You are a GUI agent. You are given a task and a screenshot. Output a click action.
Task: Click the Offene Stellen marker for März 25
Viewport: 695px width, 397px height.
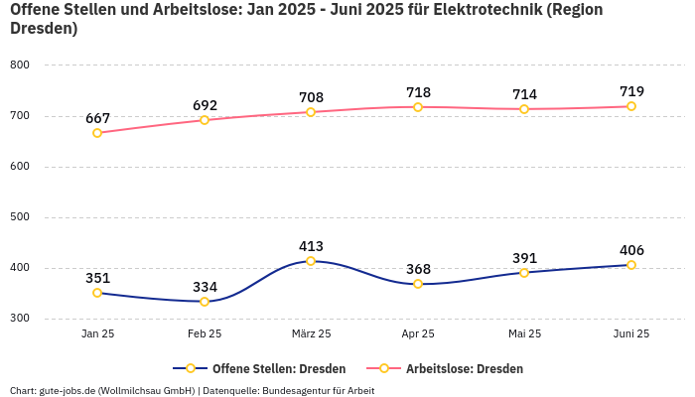click(311, 261)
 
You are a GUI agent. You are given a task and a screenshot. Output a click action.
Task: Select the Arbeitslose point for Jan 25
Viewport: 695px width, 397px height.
click(97, 133)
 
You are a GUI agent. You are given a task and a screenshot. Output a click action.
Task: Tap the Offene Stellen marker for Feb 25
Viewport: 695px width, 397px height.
click(204, 302)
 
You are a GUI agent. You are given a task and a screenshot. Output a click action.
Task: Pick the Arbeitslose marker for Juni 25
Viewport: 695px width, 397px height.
click(630, 106)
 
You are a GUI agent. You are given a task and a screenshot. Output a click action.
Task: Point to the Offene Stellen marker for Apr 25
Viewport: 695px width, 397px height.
click(418, 284)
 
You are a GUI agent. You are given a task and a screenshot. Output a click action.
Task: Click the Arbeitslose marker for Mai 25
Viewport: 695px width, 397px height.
click(524, 109)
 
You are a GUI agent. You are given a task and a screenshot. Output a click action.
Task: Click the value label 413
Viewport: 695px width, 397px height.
click(311, 246)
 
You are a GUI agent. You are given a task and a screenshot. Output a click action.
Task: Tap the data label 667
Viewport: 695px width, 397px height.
click(97, 118)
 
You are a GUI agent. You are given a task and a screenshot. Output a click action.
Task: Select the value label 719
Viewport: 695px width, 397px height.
click(630, 91)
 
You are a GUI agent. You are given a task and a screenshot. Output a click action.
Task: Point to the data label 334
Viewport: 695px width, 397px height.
click(204, 287)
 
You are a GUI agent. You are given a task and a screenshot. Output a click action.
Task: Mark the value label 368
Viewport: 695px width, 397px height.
click(418, 269)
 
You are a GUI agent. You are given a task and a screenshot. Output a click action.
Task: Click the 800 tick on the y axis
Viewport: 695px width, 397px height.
click(20, 65)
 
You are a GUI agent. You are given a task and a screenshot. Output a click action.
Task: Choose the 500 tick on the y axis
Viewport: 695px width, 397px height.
click(20, 216)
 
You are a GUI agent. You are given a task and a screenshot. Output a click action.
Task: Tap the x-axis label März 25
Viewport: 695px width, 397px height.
click(311, 334)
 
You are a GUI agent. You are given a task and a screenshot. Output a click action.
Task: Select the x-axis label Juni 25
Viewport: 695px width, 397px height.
click(630, 334)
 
